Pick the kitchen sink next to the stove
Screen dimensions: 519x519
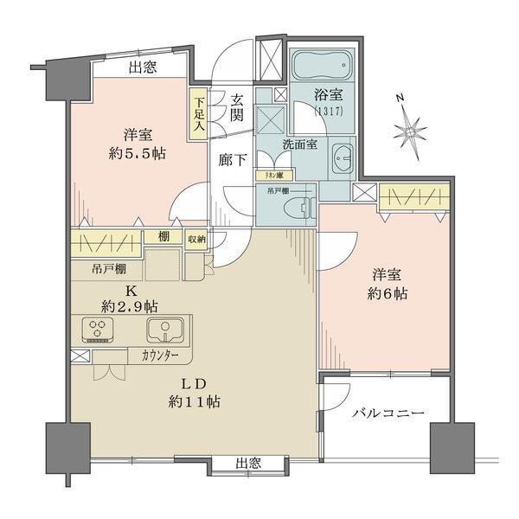(x=163, y=329)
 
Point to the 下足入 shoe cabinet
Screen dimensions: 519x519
(x=198, y=112)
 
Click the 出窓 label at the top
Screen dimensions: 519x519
(x=143, y=67)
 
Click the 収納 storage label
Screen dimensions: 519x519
(x=196, y=240)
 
